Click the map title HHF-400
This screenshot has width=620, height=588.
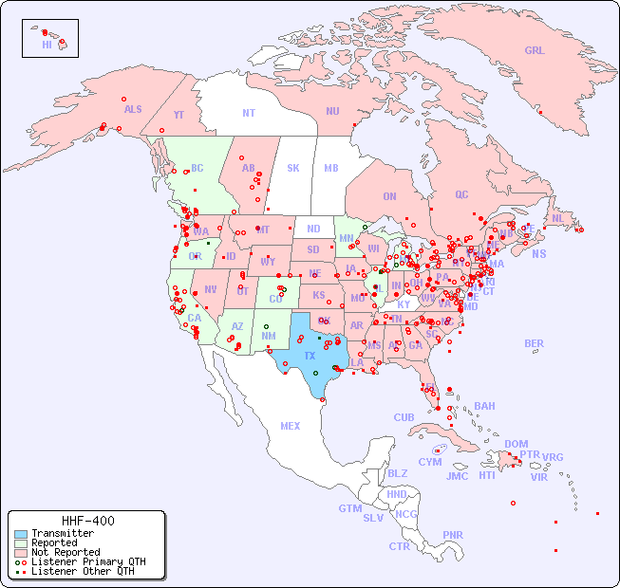tap(87, 521)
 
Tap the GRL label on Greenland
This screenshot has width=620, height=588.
tap(535, 51)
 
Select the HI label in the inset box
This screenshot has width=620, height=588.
tap(47, 45)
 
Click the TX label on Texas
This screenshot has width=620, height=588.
tap(310, 356)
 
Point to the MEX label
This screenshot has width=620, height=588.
tap(291, 426)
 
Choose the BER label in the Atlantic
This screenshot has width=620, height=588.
tap(535, 343)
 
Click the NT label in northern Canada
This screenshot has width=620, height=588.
tap(249, 112)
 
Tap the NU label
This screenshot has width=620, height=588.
tap(332, 111)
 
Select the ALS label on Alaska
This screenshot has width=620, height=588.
tap(133, 109)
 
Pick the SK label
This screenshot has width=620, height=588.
tap(293, 168)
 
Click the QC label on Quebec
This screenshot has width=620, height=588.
tap(461, 194)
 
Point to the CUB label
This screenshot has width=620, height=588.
tap(404, 417)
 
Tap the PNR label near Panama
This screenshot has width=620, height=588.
tap(453, 535)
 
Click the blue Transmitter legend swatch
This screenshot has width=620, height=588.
tap(19, 534)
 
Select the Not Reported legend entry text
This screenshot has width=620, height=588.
tap(65, 552)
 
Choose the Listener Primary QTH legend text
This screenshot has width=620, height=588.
tap(87, 561)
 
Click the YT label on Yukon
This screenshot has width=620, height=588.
tap(178, 115)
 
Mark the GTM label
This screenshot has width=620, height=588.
tap(349, 508)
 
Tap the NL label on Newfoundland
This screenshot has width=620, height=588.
tap(558, 217)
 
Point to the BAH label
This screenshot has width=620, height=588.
tap(484, 406)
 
